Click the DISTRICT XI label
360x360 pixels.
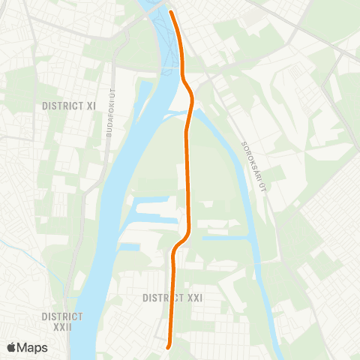70,106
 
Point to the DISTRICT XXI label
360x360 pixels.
172,298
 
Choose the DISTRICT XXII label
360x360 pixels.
62,322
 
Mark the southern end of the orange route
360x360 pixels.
168,346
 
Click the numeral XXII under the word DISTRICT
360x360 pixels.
62,327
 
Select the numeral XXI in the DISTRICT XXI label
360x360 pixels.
193,298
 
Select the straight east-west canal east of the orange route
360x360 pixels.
225,238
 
